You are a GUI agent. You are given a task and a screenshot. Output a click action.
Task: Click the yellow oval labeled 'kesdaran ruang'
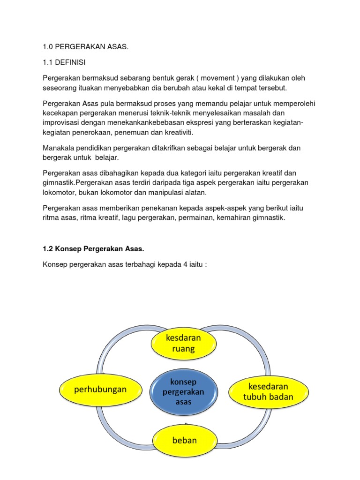[x=183, y=343]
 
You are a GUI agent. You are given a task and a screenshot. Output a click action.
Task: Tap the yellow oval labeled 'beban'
[x=185, y=440]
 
